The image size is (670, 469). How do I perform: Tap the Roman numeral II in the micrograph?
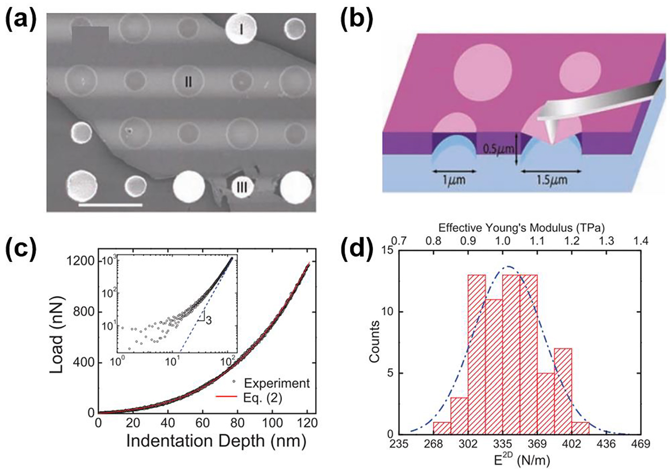coord(189,81)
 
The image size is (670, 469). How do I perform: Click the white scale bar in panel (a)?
coord(110,204)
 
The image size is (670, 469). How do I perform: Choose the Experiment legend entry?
coord(275,383)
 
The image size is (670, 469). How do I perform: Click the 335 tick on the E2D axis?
coord(503,445)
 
